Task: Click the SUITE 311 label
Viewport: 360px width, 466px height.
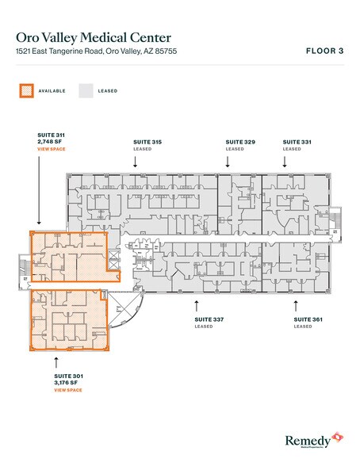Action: point(52,136)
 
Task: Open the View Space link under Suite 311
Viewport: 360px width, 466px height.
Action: point(51,149)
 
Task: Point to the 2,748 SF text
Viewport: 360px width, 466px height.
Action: point(50,142)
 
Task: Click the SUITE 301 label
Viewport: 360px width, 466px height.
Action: point(68,376)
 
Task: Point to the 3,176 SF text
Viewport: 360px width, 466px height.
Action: point(68,383)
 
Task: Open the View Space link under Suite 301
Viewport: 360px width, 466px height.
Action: point(68,390)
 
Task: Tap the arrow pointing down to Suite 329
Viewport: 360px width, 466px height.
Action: point(228,160)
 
